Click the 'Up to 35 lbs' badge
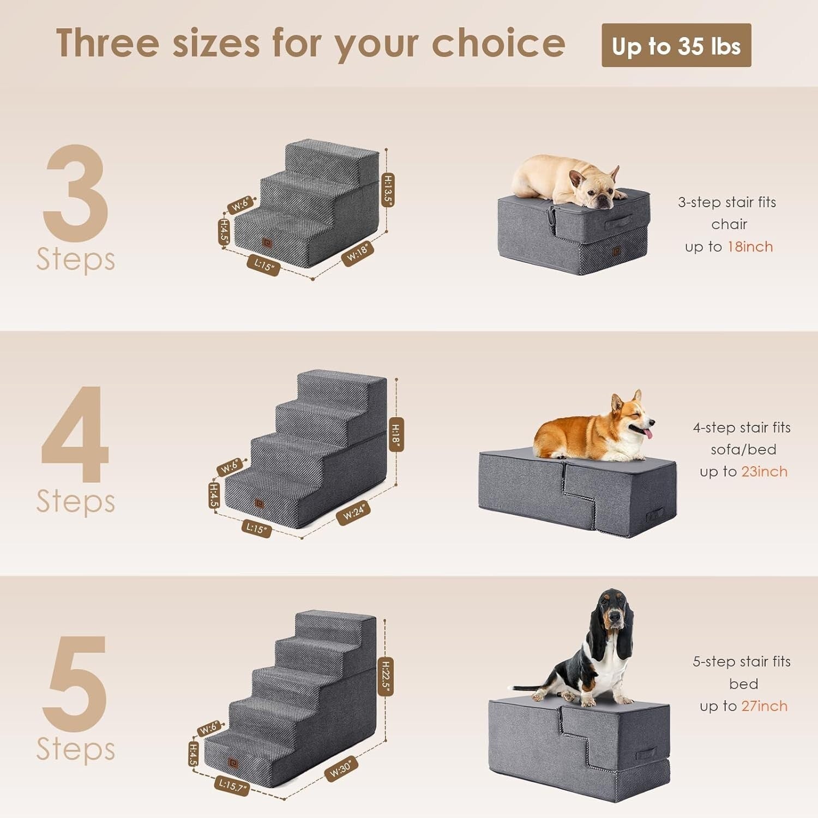coord(676,46)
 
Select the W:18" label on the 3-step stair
coord(358,254)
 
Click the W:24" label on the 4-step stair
coord(353,513)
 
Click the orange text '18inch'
coord(750,247)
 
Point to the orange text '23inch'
coord(765,472)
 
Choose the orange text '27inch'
coord(765,706)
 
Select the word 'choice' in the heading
coord(498,44)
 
